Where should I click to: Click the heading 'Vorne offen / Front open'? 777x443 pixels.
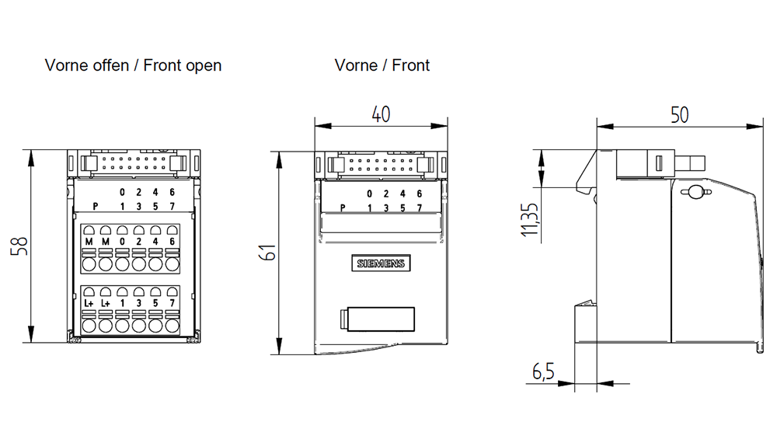pyautogui.click(x=133, y=65)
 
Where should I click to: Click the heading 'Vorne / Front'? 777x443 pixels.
pyautogui.click(x=382, y=65)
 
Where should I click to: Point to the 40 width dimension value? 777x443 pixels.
pyautogui.click(x=381, y=114)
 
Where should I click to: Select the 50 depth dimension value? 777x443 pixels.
pyautogui.click(x=679, y=115)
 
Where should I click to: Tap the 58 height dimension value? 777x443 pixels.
pyautogui.click(x=19, y=246)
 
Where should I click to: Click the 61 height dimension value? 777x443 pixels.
pyautogui.click(x=268, y=253)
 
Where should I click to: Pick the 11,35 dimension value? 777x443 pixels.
pyautogui.click(x=529, y=219)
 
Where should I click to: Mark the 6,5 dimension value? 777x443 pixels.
pyautogui.click(x=543, y=371)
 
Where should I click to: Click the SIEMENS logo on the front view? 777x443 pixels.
pyautogui.click(x=381, y=263)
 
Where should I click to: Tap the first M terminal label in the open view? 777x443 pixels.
pyautogui.click(x=89, y=242)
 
